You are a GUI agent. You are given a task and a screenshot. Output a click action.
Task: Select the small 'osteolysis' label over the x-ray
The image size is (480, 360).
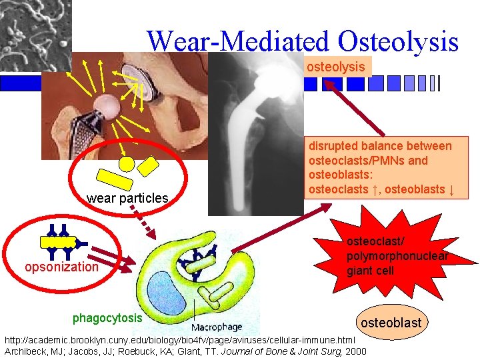click(335, 67)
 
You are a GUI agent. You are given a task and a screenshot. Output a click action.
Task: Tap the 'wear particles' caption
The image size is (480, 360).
click(127, 198)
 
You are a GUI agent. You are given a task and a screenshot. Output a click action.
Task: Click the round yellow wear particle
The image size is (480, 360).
click(127, 163)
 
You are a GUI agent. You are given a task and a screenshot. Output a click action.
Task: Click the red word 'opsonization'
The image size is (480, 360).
click(61, 267)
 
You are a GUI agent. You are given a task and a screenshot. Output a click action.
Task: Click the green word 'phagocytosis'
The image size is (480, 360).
click(107, 317)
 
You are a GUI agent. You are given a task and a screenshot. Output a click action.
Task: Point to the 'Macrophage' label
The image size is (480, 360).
click(217, 327)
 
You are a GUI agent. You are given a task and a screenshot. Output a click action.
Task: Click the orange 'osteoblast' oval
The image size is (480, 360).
click(391, 323)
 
